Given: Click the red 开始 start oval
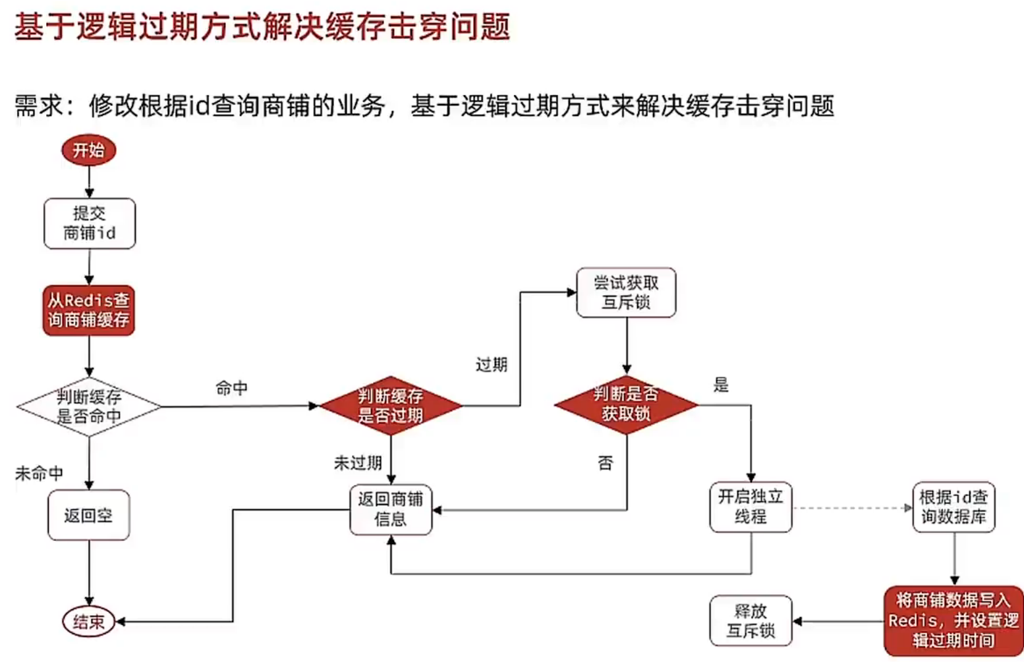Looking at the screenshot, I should (88, 150).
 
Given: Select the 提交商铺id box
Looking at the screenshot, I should (90, 223).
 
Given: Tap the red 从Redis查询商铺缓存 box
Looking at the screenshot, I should (89, 310).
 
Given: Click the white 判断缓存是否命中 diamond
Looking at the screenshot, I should (89, 406).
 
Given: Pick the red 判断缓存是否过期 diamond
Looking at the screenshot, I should (391, 406).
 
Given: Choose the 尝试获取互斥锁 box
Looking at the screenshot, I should (626, 292).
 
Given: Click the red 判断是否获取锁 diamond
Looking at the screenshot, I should (626, 404).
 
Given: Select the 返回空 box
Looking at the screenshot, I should (88, 515).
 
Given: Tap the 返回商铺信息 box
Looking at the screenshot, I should (391, 509).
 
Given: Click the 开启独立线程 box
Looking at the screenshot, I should (751, 507).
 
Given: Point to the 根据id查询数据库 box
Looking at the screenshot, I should (953, 507).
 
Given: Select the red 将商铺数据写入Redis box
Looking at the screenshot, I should (953, 621).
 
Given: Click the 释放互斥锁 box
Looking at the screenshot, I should (751, 621).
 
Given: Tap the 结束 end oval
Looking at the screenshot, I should (89, 621).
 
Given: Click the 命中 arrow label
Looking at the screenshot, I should (232, 388).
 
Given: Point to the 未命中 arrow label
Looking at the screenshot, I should (39, 473).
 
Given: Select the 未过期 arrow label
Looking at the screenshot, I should (358, 463).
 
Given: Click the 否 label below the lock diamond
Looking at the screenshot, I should (605, 463).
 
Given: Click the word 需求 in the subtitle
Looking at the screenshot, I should (39, 105).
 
